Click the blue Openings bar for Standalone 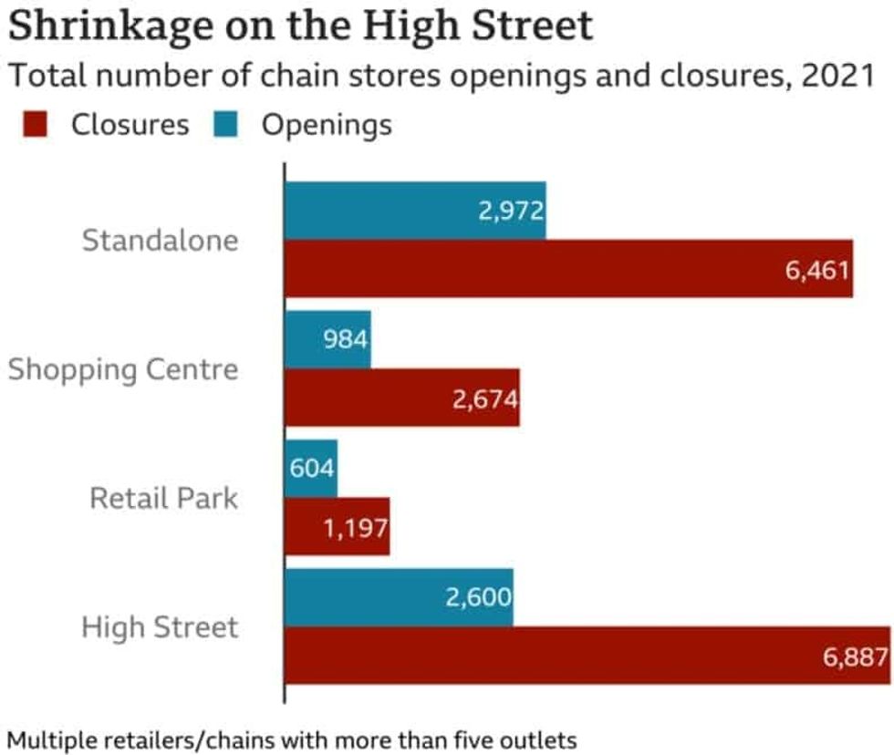click(415, 211)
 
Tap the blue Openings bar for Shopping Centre click(327, 340)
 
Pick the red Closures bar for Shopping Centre click(401, 398)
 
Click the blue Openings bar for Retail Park click(311, 469)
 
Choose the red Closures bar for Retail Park click(337, 527)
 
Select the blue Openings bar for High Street click(399, 598)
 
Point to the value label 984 click(345, 340)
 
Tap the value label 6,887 click(855, 657)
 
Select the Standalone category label click(160, 241)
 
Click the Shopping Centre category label click(123, 369)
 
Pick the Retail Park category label click(163, 498)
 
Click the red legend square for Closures click(35, 124)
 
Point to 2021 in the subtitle click(840, 77)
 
